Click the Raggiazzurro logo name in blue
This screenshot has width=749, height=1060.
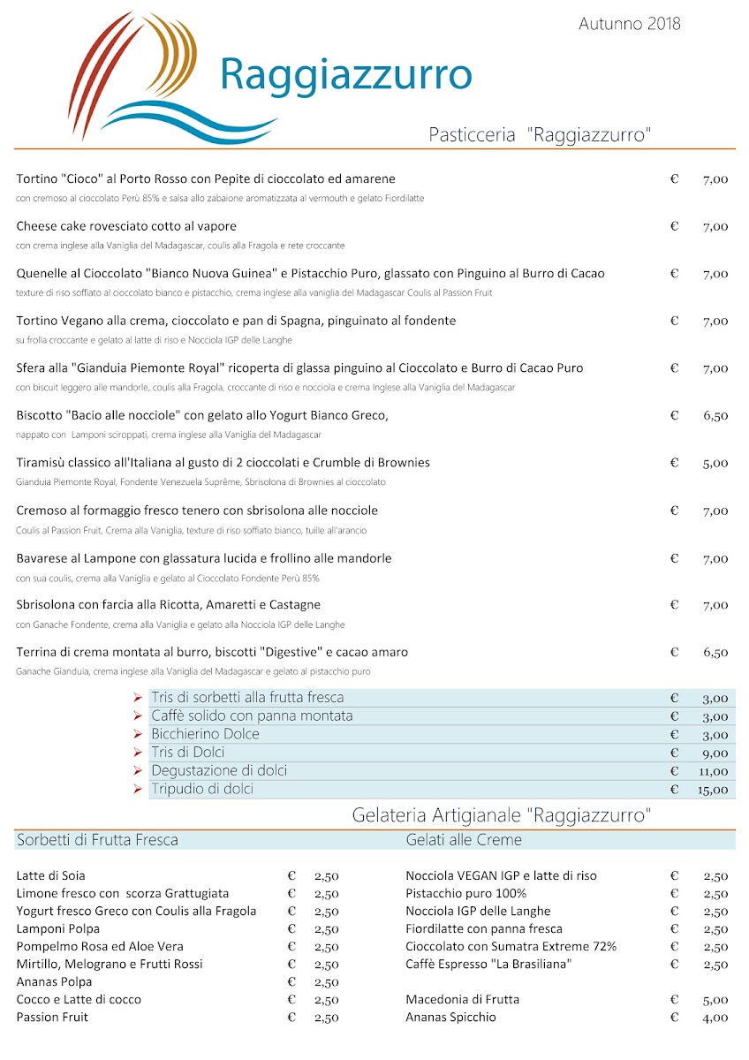345,74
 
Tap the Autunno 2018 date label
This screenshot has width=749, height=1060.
629,24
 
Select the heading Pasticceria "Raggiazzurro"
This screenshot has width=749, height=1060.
540,135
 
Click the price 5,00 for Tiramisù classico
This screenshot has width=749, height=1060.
715,463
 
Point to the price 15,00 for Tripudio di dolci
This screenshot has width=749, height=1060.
713,790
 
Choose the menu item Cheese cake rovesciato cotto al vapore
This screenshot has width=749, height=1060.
126,226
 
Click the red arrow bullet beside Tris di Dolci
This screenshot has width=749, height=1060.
138,753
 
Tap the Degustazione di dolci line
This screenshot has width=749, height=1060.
219,770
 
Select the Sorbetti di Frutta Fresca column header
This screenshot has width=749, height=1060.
97,840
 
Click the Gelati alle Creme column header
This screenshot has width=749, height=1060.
464,840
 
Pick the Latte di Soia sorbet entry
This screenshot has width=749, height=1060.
51,876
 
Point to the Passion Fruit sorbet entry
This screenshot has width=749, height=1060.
52,1018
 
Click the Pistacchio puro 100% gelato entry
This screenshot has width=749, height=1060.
466,894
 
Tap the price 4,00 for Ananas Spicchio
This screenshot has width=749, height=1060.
715,1018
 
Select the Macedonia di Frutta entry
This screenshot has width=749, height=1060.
463,1000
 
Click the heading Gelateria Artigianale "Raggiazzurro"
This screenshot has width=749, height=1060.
501,814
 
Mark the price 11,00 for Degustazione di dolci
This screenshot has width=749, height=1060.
713,771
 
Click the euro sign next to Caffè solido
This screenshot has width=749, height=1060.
674,716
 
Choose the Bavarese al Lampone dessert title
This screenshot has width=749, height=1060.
204,558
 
